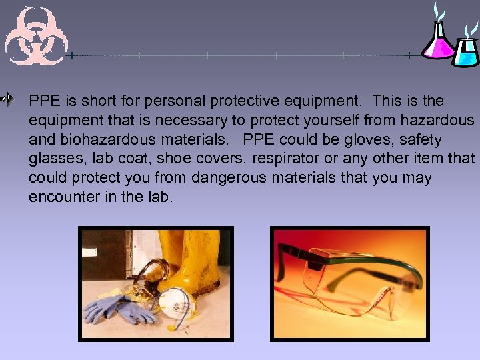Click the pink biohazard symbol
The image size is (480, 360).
tap(36, 37)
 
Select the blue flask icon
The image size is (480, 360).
tap(466, 49)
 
